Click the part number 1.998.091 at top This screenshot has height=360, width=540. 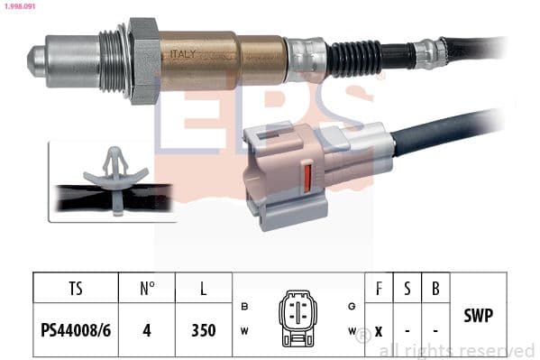click(x=19, y=7)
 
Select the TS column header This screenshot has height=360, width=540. click(x=75, y=290)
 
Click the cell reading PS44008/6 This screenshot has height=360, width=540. click(x=75, y=329)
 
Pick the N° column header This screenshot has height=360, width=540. click(x=148, y=290)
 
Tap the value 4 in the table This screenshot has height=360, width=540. click(x=148, y=329)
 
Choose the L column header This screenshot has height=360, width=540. click(x=204, y=290)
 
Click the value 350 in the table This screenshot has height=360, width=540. click(x=204, y=329)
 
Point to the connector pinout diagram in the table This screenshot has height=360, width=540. click(x=298, y=318)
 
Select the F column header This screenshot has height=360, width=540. click(x=379, y=290)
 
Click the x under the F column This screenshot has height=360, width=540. click(x=379, y=329)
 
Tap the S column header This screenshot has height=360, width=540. click(x=407, y=290)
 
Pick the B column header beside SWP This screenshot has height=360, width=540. click(x=436, y=290)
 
